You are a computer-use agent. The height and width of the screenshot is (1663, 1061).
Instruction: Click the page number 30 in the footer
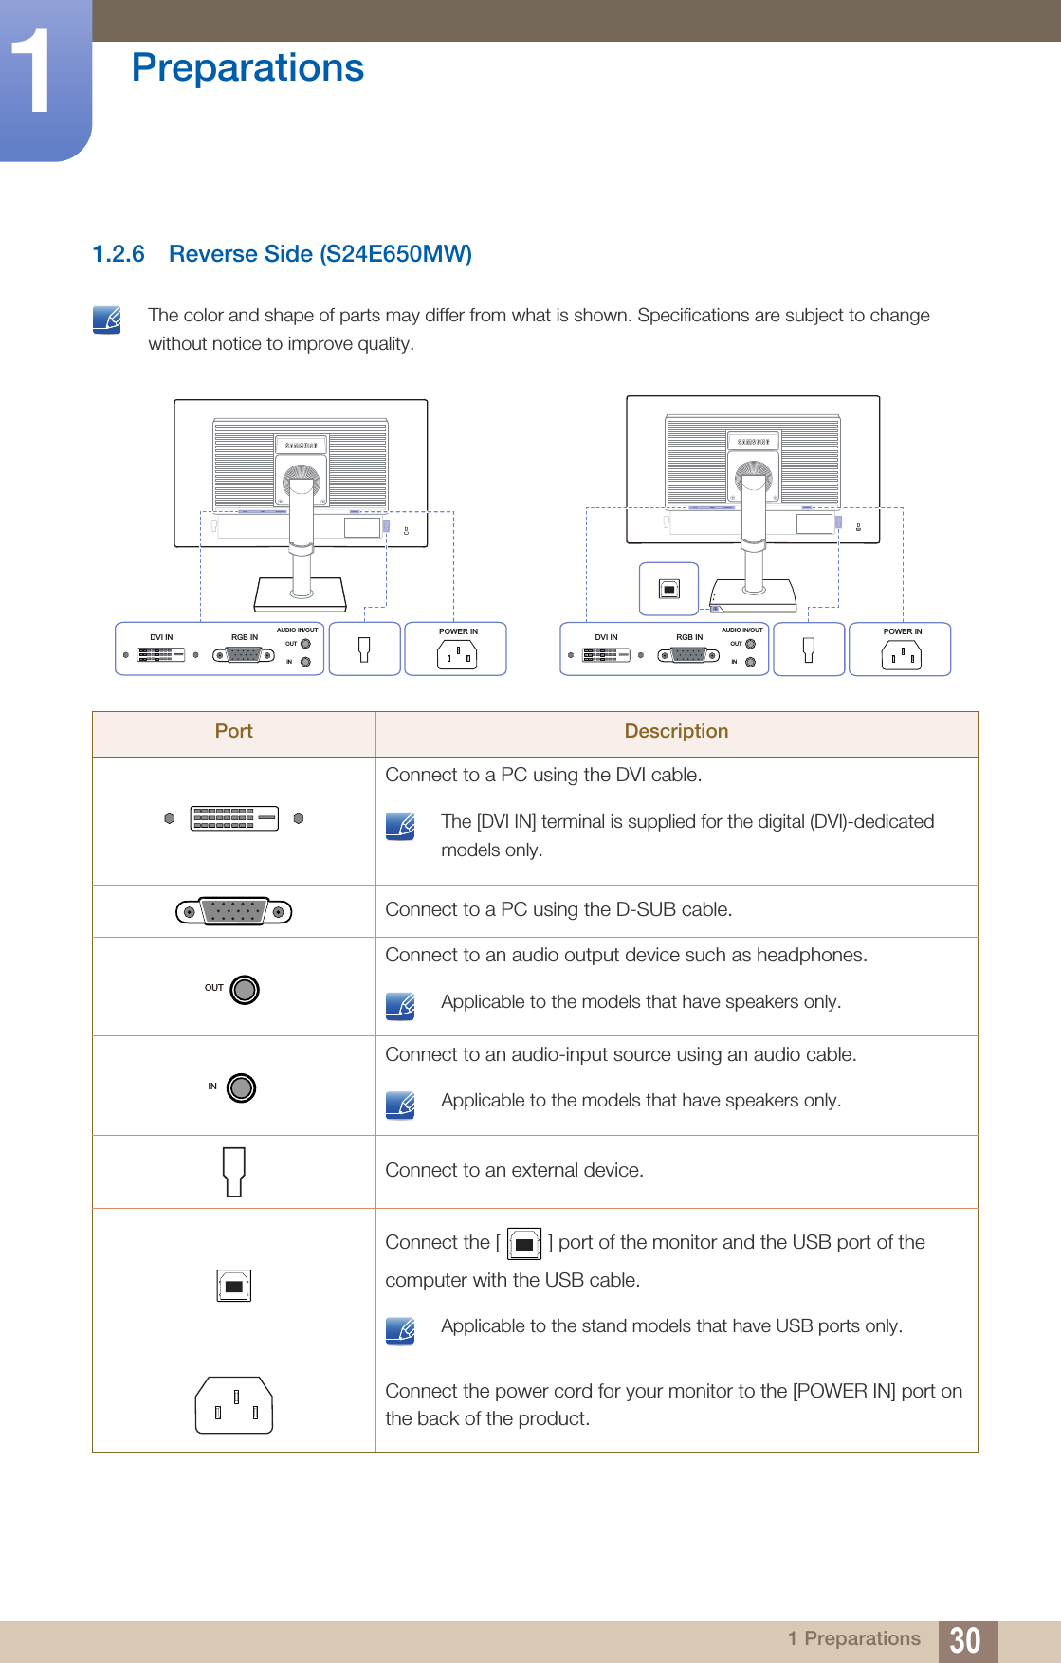tap(965, 1639)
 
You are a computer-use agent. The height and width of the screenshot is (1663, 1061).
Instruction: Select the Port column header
tap(233, 731)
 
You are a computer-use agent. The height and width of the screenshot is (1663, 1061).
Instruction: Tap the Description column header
tap(676, 731)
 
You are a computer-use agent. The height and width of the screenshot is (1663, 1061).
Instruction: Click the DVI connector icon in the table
tap(234, 818)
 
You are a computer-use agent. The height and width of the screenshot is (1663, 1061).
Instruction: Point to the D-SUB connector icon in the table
tap(234, 911)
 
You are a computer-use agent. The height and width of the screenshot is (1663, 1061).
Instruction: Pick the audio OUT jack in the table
tap(244, 989)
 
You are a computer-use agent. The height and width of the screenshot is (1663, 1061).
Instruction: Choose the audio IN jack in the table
tap(241, 1087)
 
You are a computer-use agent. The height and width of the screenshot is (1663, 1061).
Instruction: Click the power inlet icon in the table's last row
tap(234, 1405)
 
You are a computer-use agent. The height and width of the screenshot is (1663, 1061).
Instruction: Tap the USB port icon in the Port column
tap(233, 1286)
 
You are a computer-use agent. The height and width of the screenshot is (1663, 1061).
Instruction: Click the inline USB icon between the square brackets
tap(524, 1243)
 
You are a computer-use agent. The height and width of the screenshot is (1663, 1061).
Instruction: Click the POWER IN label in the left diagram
tap(458, 631)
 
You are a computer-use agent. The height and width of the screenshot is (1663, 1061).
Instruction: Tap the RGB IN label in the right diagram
tap(689, 637)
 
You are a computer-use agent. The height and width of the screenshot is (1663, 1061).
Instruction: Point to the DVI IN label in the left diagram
tap(161, 637)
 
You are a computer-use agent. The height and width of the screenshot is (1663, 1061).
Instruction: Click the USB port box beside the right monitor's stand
tap(668, 589)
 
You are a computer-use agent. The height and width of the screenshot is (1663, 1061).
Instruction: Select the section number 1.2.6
tap(119, 254)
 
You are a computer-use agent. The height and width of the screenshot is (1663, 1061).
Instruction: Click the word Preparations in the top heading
tap(247, 67)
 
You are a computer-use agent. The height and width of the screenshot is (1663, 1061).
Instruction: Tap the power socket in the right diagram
tap(901, 654)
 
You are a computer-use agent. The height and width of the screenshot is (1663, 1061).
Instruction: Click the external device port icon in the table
tap(233, 1171)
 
